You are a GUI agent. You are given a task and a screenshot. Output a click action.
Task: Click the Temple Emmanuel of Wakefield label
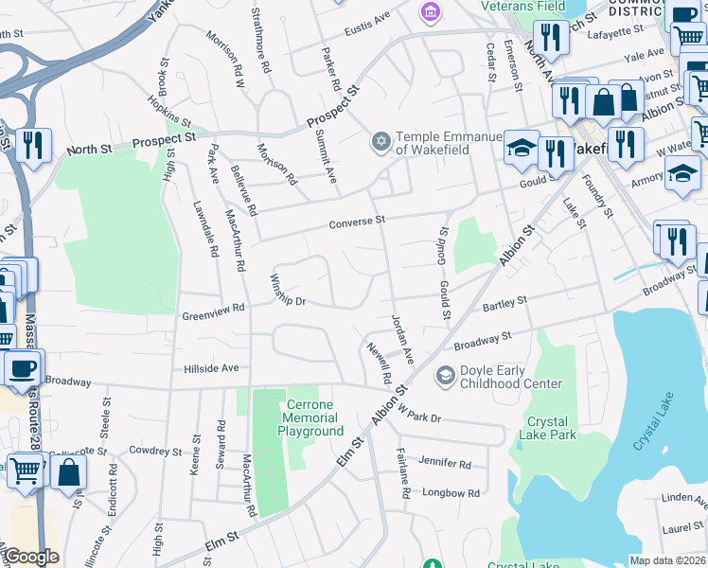pos(447,143)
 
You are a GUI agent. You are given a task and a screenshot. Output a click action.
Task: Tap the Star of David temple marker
pos(381,141)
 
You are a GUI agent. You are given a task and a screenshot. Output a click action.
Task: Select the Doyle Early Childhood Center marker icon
pos(444,377)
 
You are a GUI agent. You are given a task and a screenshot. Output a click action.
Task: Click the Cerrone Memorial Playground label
pos(310,417)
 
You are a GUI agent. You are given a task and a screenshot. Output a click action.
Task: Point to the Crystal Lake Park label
pos(548,428)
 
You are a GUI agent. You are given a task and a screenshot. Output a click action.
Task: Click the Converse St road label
pos(357,222)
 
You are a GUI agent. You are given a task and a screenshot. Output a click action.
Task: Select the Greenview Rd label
pos(213,308)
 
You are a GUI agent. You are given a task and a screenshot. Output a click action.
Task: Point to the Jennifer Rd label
pos(444,464)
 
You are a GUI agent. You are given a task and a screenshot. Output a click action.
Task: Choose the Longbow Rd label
pos(451,493)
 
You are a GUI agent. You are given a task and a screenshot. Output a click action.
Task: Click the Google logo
pos(31,557)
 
